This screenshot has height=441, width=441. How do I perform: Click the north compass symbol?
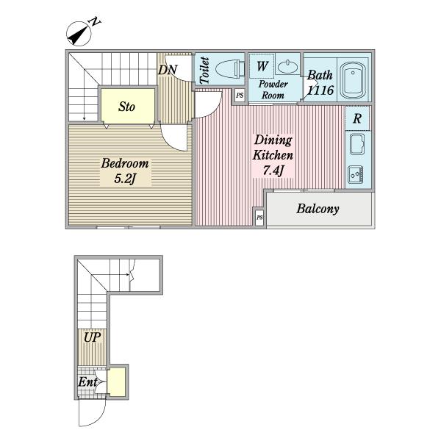coord(79,34)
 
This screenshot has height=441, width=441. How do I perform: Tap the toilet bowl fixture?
coord(230,68)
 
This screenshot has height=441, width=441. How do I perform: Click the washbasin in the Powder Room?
coord(287,67)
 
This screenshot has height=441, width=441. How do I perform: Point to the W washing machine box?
coord(262,66)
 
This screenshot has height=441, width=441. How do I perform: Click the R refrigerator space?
coord(357,118)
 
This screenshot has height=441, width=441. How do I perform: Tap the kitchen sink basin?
coord(357,144)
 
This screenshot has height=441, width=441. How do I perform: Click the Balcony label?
coord(318,209)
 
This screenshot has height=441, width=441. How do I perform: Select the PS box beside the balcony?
coord(259,218)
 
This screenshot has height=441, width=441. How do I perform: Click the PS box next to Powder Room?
coord(240,95)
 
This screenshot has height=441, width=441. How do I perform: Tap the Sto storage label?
coord(126,107)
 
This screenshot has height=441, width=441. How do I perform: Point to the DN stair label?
coord(168,70)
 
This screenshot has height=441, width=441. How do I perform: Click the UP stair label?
coord(93,337)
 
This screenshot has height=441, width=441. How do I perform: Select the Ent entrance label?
coord(87,382)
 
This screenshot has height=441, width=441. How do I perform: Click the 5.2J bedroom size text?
coord(125,179)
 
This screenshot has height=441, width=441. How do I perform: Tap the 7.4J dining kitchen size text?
coord(273,171)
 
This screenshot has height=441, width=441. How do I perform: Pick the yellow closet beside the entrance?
coord(117,382)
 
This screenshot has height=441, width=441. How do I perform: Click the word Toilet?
coord(204,71)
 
